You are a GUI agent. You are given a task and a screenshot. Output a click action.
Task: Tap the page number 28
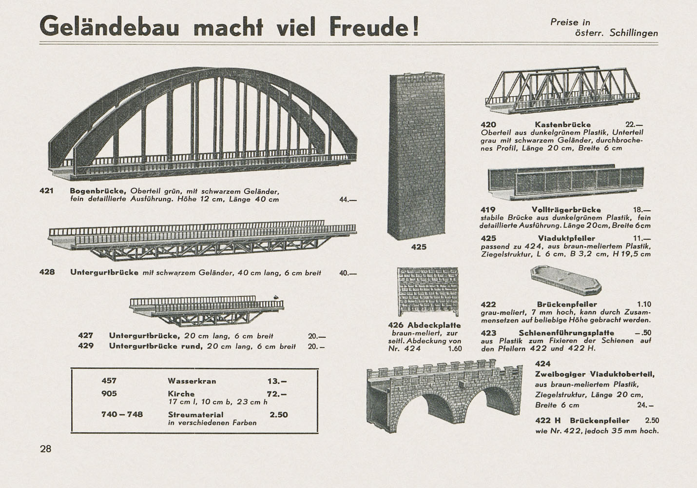45,449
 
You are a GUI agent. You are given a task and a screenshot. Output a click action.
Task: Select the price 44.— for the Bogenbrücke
348,200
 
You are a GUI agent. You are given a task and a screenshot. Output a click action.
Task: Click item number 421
47,190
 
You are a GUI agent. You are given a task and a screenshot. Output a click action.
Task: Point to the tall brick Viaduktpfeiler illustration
416,156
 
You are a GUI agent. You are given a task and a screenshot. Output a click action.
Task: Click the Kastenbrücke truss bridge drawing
562,90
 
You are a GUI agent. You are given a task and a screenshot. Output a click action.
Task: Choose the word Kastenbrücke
562,124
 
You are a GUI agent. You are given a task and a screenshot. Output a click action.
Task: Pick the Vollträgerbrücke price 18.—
641,210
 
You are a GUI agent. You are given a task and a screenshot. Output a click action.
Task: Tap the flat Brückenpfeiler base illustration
566,280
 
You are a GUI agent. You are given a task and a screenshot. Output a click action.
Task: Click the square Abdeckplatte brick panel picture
428,291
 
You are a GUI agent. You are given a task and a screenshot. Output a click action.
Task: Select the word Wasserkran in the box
192,381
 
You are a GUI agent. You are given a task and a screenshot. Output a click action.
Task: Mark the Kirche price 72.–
277,394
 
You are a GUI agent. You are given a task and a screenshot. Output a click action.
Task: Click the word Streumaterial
196,415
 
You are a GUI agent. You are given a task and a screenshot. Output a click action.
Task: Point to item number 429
86,346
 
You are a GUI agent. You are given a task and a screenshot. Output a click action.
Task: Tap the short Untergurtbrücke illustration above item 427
207,310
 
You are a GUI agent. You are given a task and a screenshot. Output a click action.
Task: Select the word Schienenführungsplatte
566,333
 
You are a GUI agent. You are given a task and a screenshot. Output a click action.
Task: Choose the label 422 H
548,420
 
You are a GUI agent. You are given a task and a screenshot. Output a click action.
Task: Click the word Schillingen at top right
634,33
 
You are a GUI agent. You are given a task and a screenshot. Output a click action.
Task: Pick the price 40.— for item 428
348,273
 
